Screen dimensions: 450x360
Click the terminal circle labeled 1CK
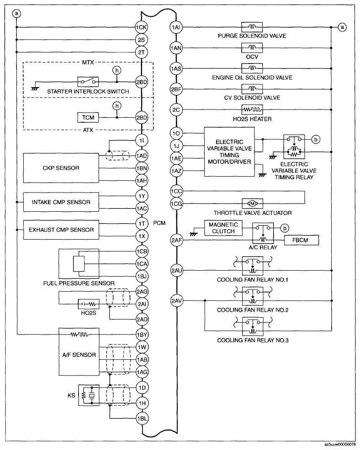point(142,27)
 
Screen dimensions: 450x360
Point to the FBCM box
point(302,240)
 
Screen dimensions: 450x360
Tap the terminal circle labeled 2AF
point(177,240)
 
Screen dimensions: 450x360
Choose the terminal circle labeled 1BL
point(142,418)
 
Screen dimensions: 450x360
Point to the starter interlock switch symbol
point(87,82)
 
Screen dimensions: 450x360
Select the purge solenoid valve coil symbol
point(251,27)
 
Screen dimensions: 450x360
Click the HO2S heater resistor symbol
point(251,110)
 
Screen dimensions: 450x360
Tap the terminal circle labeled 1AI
point(177,27)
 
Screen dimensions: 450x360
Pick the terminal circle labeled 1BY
point(142,335)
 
